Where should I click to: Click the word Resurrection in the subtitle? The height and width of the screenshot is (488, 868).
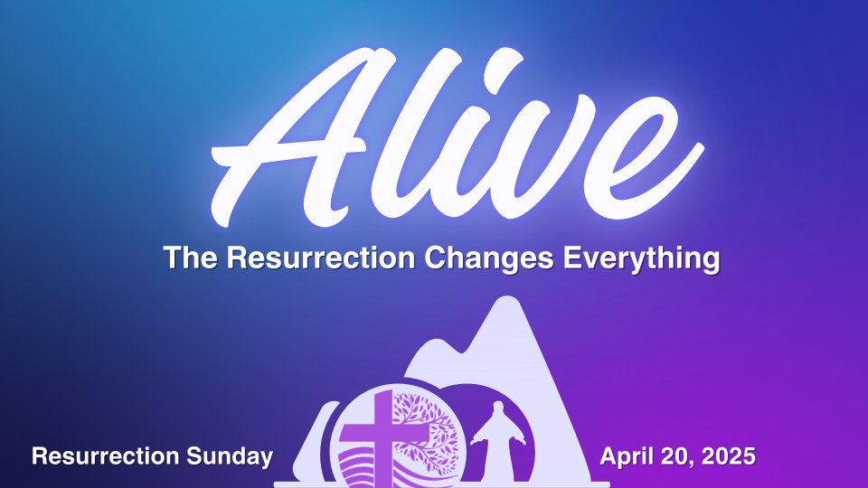[320, 258]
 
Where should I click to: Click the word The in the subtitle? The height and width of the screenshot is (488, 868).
[191, 258]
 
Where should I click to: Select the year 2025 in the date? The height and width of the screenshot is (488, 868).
[729, 456]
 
